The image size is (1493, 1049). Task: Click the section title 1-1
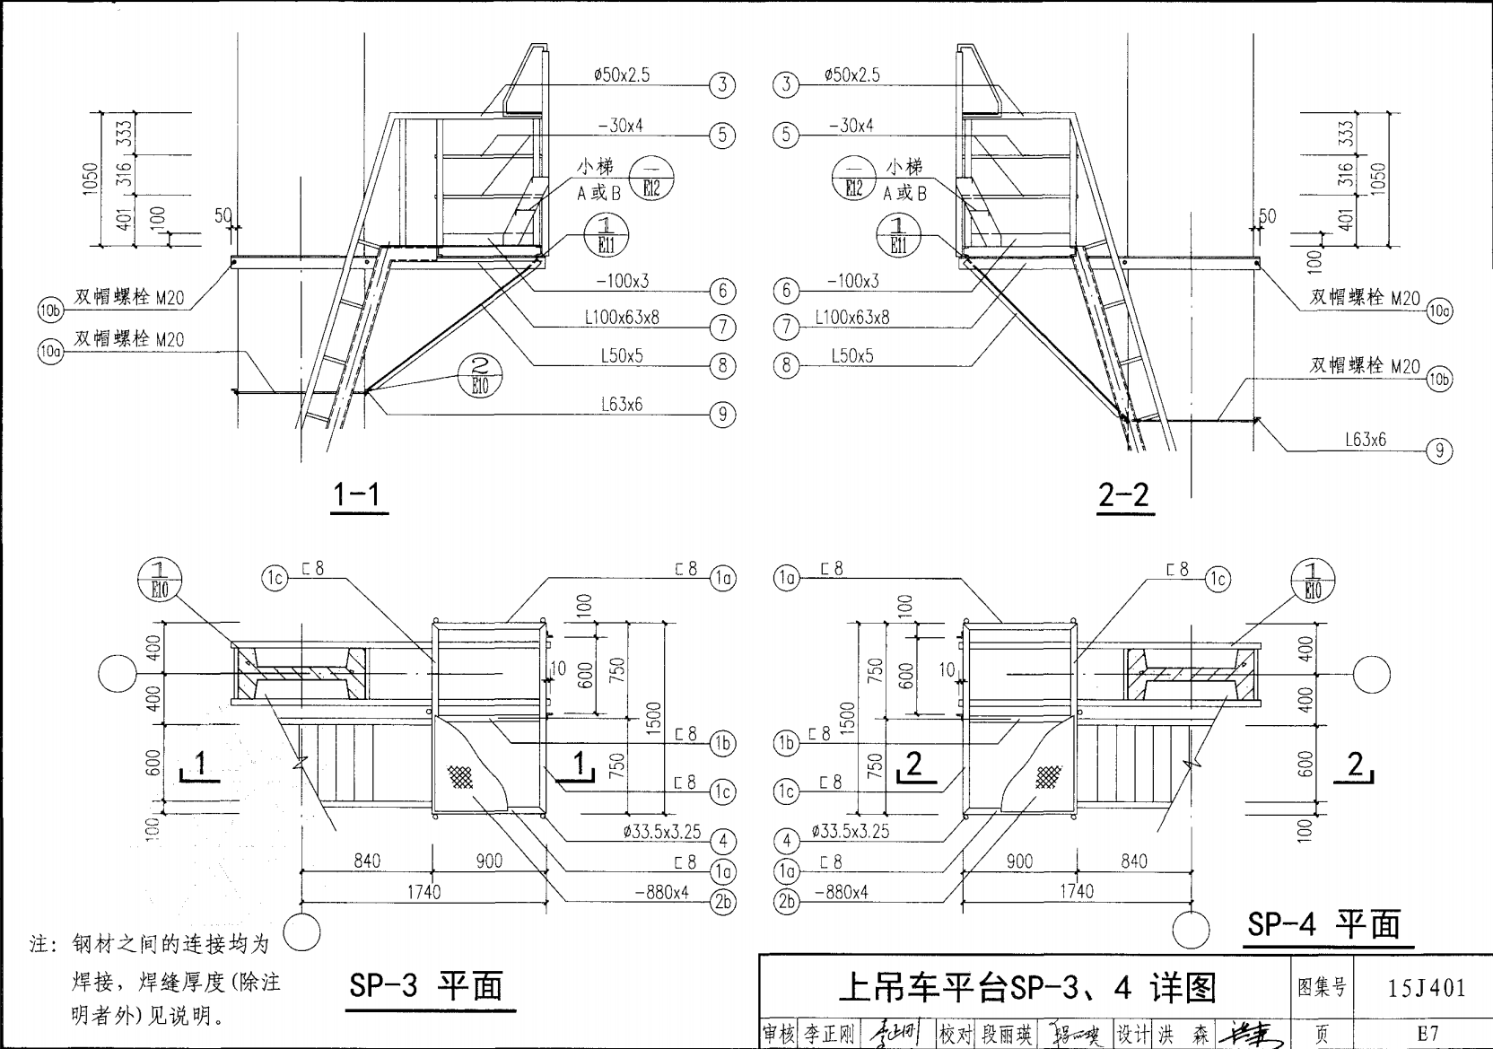[x=360, y=494]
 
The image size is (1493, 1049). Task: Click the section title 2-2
[x=1125, y=494]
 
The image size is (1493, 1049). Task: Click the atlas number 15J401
[x=1426, y=988]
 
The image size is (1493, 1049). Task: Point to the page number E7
[x=1427, y=1033]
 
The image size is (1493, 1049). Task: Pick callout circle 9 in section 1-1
[x=722, y=415]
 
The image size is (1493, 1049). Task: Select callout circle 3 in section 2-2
[x=786, y=85]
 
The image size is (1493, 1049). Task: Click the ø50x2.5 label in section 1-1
[x=621, y=75]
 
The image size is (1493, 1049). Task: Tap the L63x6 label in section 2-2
[x=1365, y=440]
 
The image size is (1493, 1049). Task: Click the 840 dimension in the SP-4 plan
[x=1133, y=861]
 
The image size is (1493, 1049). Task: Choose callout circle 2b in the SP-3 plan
[x=722, y=903]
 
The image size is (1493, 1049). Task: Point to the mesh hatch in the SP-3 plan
[x=462, y=776]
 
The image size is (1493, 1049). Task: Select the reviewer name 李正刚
[x=829, y=1035]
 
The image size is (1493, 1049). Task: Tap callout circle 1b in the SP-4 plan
[x=786, y=743]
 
